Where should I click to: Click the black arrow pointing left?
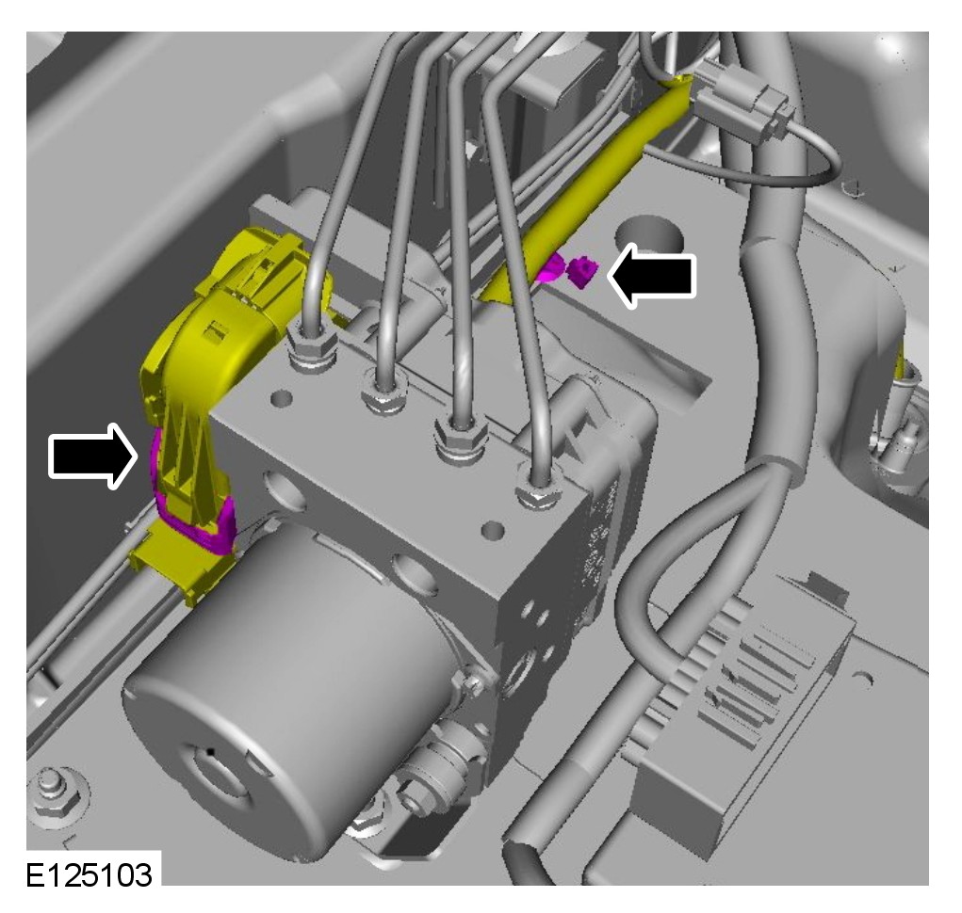click(x=652, y=275)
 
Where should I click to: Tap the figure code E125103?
click(x=89, y=875)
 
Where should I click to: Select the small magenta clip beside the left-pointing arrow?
click(x=581, y=271)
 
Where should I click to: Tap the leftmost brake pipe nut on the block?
click(x=313, y=350)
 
